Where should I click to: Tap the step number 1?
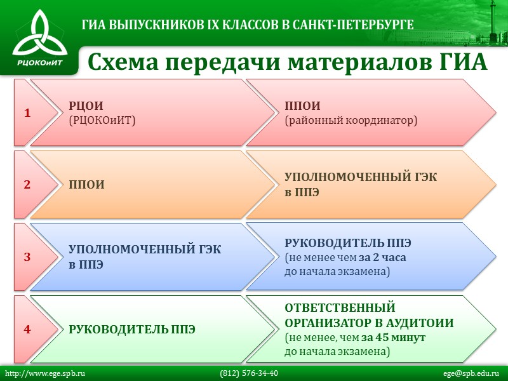click(x=27, y=113)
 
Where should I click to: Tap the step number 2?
click(x=27, y=185)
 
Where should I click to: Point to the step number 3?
click(x=27, y=257)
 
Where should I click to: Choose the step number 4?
click(x=27, y=330)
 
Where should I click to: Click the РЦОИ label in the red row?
click(x=86, y=106)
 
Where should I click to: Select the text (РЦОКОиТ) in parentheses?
click(x=102, y=119)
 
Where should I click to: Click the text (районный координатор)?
click(x=351, y=119)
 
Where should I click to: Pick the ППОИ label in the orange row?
click(x=86, y=185)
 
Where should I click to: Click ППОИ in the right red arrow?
click(x=302, y=106)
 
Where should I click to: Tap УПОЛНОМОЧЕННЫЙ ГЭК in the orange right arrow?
click(x=360, y=178)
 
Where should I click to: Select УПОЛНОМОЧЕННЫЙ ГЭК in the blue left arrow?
click(x=145, y=250)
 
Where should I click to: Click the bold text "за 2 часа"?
click(x=382, y=258)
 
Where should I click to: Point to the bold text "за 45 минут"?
click(x=393, y=337)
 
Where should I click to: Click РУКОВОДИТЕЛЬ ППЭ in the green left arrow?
click(x=131, y=330)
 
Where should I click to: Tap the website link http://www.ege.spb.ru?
click(x=45, y=373)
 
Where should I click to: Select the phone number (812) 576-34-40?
click(x=249, y=373)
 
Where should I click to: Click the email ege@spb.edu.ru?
click(x=472, y=373)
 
